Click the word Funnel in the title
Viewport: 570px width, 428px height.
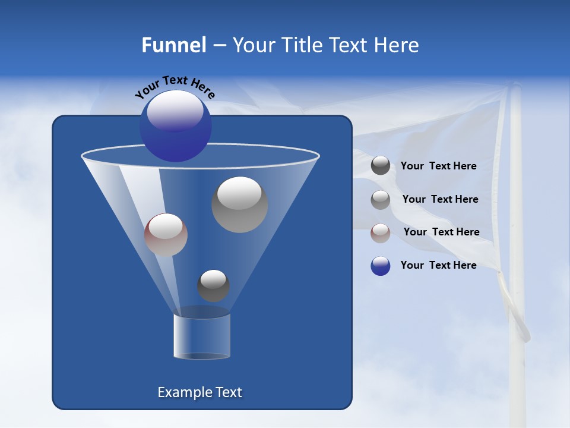click(173, 45)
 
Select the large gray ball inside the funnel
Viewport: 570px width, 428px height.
click(239, 204)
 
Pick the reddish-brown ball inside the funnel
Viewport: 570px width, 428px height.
click(166, 235)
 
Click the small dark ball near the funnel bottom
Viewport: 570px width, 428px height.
click(213, 286)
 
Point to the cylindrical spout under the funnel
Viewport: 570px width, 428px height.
click(202, 336)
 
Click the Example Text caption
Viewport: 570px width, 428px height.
click(199, 392)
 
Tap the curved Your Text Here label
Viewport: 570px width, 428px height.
click(175, 87)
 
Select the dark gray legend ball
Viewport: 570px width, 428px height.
click(381, 166)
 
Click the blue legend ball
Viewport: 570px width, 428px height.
click(381, 266)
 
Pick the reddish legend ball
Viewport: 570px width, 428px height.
click(381, 232)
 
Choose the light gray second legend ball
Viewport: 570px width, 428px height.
click(381, 199)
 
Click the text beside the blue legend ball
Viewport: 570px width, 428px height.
click(438, 265)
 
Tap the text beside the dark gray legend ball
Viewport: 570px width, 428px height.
click(438, 166)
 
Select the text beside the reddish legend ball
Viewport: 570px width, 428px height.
click(441, 232)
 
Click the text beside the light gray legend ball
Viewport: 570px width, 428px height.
click(440, 199)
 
